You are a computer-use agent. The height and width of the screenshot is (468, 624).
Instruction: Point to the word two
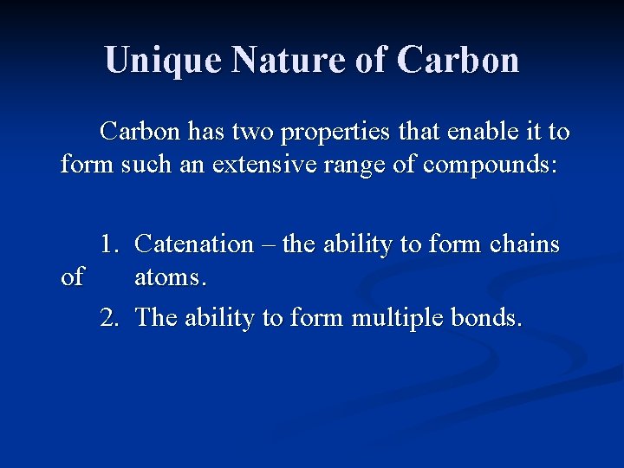point(261,132)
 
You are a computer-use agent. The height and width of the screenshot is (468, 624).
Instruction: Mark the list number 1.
point(108,244)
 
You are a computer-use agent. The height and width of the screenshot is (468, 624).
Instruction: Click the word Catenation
point(195,244)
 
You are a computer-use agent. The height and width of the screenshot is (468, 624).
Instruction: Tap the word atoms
point(171,277)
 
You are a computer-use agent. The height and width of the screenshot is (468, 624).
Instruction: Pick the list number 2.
point(108,318)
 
